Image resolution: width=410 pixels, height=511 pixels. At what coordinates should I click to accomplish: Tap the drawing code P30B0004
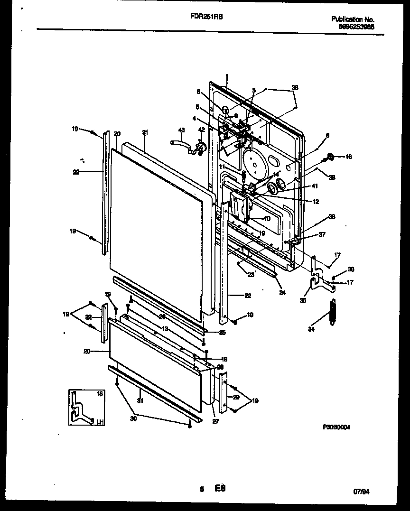(x=336, y=427)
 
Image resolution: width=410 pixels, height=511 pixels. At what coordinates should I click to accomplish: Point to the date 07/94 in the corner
(x=361, y=492)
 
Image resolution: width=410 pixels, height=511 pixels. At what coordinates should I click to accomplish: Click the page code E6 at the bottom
(x=219, y=488)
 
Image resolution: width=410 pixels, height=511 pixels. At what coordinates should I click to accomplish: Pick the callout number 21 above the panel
(x=145, y=132)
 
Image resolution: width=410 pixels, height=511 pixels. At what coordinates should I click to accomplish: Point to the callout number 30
(x=133, y=418)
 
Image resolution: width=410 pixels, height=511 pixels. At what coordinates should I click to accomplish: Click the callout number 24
(x=282, y=293)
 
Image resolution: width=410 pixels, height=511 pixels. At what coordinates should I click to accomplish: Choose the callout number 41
(x=302, y=186)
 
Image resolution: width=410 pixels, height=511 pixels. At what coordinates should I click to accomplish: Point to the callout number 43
(x=181, y=130)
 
